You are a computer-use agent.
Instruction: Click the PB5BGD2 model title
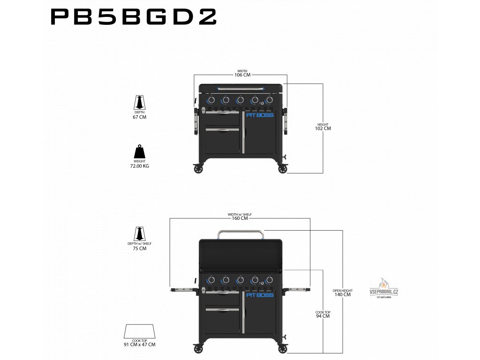click(133, 17)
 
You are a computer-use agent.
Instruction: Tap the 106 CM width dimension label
click(242, 75)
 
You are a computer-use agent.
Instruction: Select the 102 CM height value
click(323, 128)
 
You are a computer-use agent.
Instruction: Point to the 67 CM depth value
click(140, 117)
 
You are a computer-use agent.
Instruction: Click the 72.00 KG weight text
click(140, 166)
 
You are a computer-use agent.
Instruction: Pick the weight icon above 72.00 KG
click(140, 151)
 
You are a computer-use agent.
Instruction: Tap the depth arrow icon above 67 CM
click(140, 102)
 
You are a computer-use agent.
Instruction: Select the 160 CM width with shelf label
click(240, 218)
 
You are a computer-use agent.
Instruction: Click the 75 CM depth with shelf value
click(140, 248)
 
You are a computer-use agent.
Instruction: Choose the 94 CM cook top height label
click(322, 316)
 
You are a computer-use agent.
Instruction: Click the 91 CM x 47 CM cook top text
click(140, 345)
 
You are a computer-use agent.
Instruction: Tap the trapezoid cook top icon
click(140, 331)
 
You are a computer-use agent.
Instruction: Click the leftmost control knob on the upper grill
click(211, 100)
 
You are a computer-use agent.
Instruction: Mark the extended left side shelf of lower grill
click(183, 290)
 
